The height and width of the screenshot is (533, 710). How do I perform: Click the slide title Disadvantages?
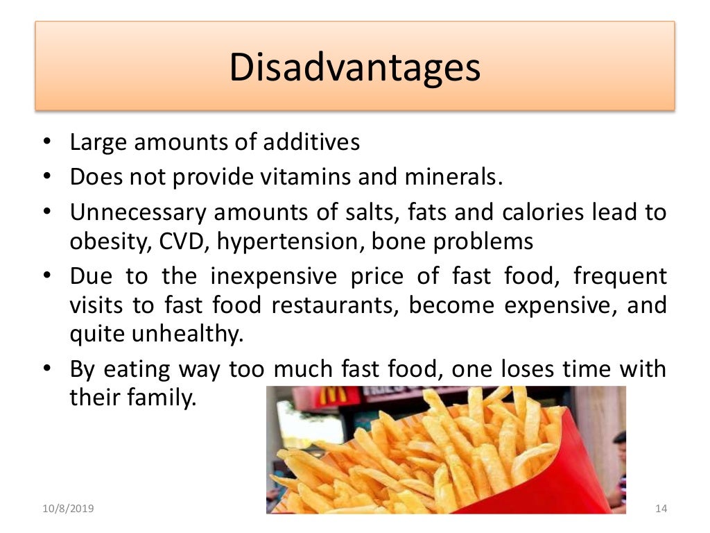click(354, 69)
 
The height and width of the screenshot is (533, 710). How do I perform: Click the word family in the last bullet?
click(164, 398)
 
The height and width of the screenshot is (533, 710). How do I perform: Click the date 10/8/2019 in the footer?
click(67, 509)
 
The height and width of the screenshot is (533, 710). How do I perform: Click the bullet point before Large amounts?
click(45, 143)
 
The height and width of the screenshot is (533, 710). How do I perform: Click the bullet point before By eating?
click(45, 369)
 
